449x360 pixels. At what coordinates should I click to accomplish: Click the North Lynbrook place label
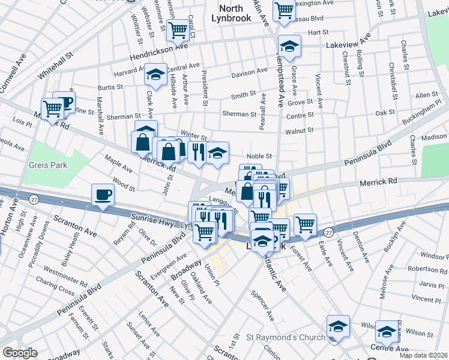pyautogui.click(x=231, y=13)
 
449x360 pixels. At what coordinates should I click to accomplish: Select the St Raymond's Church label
pyautogui.click(x=286, y=337)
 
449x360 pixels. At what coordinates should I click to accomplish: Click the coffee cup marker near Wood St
pyautogui.click(x=103, y=195)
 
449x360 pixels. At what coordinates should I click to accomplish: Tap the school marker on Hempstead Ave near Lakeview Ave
pyautogui.click(x=289, y=47)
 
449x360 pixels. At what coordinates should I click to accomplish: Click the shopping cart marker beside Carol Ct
pyautogui.click(x=178, y=29)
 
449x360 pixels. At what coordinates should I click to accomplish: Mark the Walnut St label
pyautogui.click(x=300, y=130)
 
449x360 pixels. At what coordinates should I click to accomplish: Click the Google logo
pyautogui.click(x=20, y=352)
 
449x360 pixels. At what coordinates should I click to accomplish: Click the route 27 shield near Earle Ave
pyautogui.click(x=328, y=232)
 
